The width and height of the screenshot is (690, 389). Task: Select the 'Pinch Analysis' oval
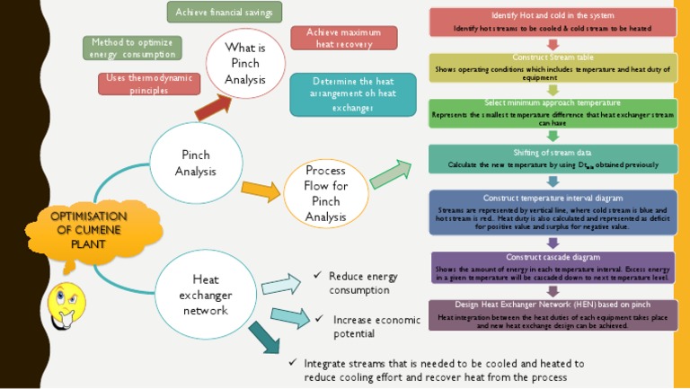tap(195, 164)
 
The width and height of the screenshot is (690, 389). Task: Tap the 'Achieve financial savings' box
tap(225, 12)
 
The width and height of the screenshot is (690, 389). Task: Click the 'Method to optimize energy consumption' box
tap(133, 48)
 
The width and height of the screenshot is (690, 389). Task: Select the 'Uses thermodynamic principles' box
tap(149, 84)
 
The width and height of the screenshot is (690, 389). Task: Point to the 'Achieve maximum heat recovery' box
tap(344, 38)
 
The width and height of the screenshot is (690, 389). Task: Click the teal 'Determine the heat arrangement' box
tap(353, 94)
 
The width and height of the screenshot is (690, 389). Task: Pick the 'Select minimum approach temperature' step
tap(553, 112)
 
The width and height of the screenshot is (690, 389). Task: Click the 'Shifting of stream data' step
tap(553, 159)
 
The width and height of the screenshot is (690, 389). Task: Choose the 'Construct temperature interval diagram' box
tap(553, 212)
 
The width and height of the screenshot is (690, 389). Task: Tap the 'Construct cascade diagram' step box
tap(553, 268)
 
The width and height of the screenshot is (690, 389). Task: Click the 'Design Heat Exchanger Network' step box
tap(553, 315)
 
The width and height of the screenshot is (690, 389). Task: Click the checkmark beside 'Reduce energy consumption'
tap(316, 275)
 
